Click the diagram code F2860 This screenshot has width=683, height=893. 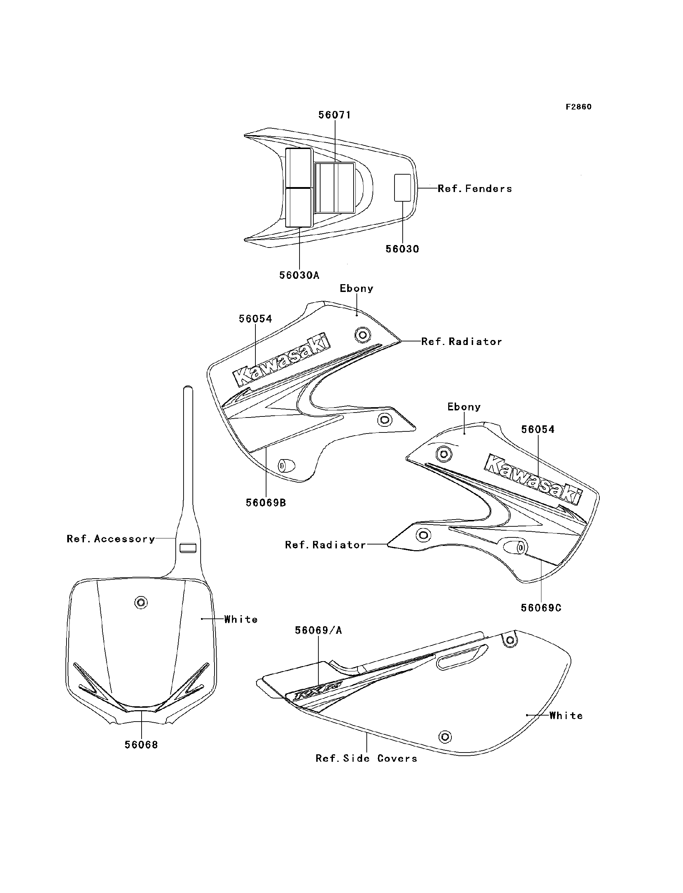coord(578,107)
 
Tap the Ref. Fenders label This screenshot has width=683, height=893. coord(475,188)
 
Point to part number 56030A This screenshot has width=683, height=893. coord(299,275)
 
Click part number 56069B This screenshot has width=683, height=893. coord(266,503)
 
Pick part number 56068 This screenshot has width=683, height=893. coord(141,745)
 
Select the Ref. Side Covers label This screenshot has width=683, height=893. coord(366,758)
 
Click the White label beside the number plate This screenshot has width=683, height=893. coord(241,619)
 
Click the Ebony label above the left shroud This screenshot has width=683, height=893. coord(356,288)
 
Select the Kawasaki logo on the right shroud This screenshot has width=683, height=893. coord(533,480)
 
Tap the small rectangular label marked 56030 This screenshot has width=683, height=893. coord(402,188)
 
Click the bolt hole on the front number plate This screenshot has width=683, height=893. coord(141,602)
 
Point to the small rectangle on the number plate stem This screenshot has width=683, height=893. coord(188,548)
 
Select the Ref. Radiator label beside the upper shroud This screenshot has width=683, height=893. coord(461,341)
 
